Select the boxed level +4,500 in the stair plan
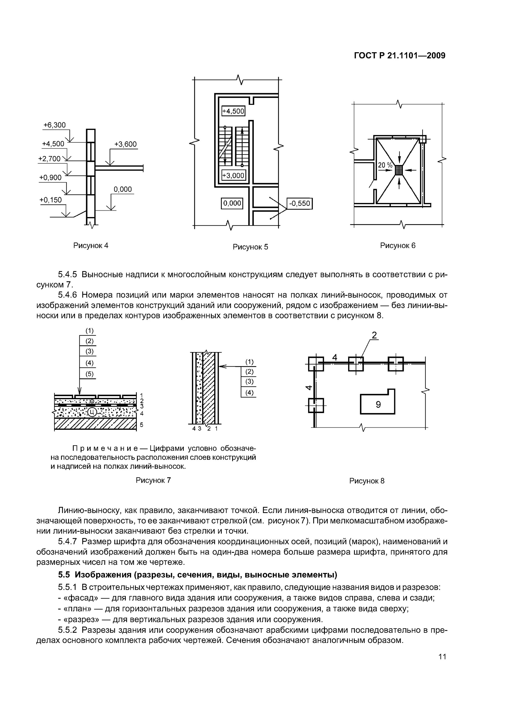coord(233,111)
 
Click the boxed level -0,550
coord(300,204)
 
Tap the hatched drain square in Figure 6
coord(399,170)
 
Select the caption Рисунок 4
coord(91,246)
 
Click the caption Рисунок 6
coord(398,246)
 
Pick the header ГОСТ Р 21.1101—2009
coord(399,56)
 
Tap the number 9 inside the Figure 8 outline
coord(378,405)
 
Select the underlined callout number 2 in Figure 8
coord(374,336)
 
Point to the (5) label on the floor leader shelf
coord(90,374)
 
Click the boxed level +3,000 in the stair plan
coord(233,175)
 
